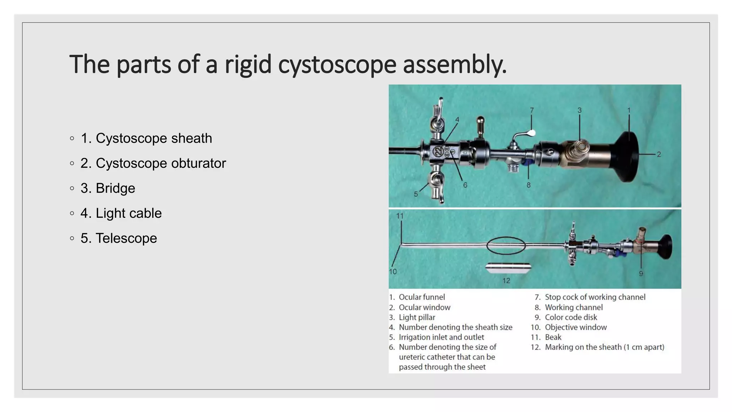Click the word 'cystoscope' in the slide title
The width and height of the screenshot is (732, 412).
click(x=337, y=65)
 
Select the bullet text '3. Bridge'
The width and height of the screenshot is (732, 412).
click(x=108, y=188)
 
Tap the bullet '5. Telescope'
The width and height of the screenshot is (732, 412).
click(x=119, y=239)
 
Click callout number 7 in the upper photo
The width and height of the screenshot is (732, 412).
click(x=532, y=110)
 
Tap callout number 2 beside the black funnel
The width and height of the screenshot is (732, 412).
click(x=659, y=154)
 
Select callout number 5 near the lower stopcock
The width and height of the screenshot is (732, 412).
click(x=416, y=194)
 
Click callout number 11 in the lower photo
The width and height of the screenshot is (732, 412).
click(x=400, y=216)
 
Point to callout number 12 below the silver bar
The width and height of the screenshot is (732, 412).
click(x=506, y=281)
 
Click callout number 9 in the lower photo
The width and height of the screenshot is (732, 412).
click(x=641, y=274)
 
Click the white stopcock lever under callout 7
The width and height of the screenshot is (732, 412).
click(x=531, y=133)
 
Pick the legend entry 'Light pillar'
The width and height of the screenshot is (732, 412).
click(x=417, y=317)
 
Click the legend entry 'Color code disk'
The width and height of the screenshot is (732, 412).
click(x=571, y=317)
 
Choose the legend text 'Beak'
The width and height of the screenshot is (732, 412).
click(x=553, y=337)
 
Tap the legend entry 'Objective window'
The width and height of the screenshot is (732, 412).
click(x=575, y=327)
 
